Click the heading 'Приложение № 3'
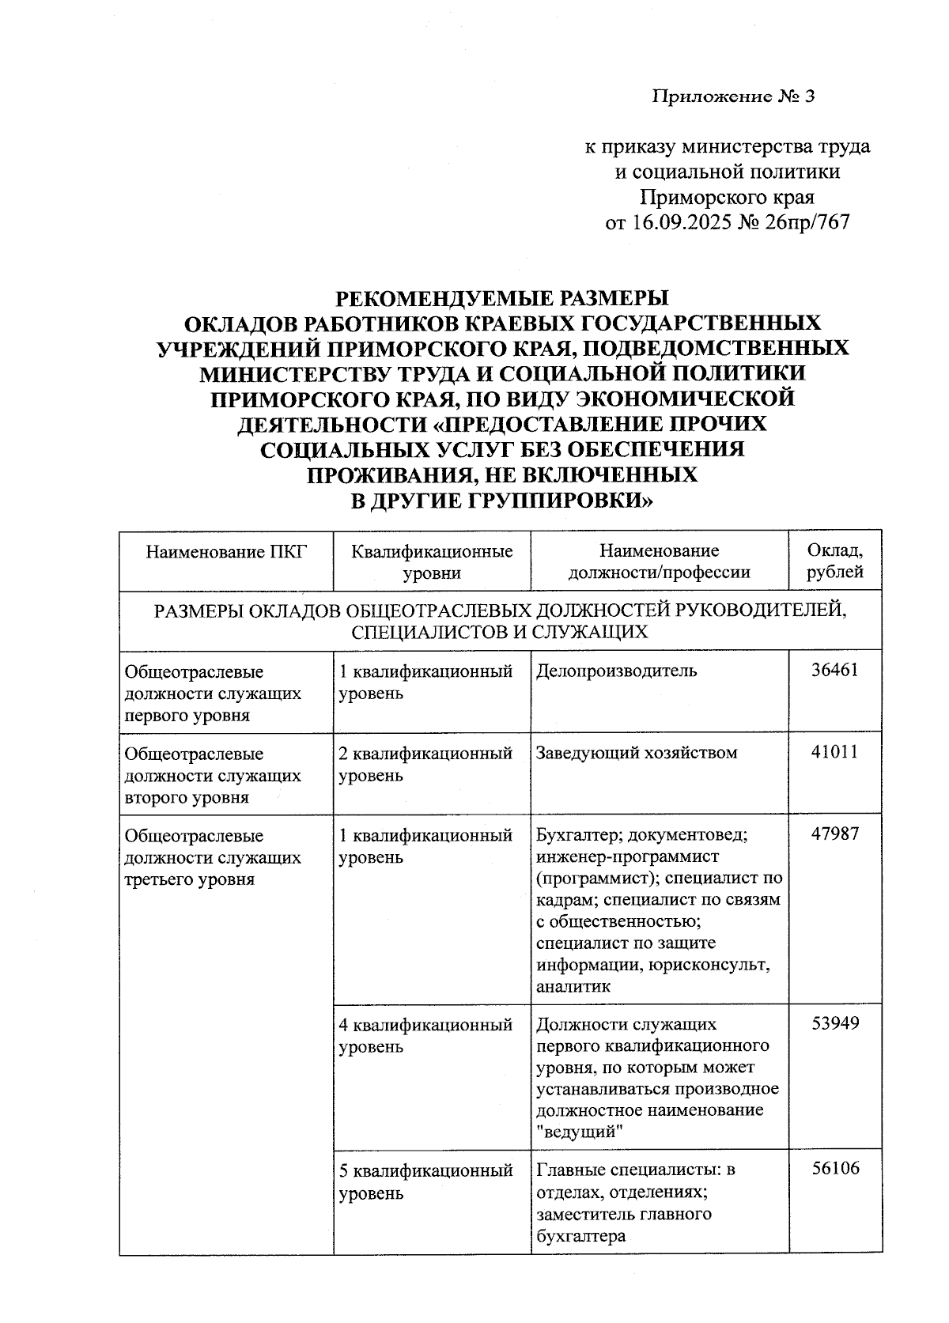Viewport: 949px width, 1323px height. [732, 97]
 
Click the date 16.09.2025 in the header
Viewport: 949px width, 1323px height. [682, 222]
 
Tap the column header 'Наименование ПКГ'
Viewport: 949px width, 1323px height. [225, 551]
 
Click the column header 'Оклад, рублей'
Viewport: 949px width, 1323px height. [834, 561]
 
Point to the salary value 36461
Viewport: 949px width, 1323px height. [834, 671]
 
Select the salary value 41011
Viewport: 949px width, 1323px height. [834, 752]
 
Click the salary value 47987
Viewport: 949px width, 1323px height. [834, 834]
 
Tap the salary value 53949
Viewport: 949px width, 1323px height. [834, 1024]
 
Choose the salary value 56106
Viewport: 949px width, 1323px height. [834, 1169]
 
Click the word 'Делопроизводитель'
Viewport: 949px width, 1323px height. [616, 671]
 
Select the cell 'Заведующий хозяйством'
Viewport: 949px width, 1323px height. [636, 752]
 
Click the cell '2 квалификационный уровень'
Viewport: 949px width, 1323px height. [425, 763]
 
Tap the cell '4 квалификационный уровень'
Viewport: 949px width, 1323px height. [425, 1035]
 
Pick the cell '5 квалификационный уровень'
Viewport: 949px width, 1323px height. [425, 1181]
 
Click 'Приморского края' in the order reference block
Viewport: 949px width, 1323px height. [727, 197]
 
